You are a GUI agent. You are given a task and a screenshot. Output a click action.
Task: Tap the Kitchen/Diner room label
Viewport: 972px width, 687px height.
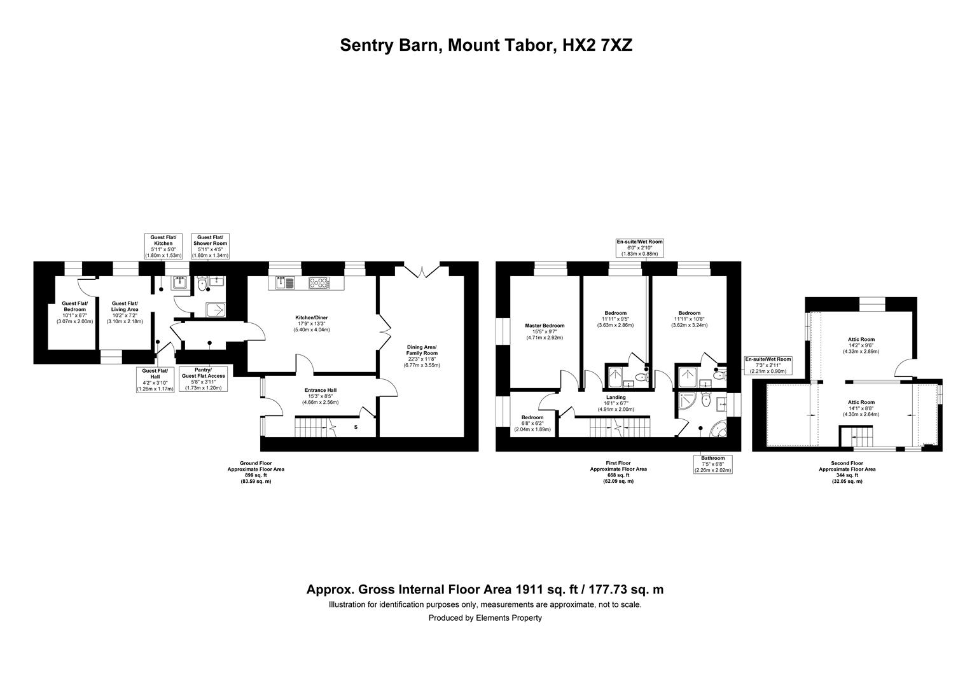(312, 323)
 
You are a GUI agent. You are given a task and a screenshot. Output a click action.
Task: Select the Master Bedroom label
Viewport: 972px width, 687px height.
(545, 331)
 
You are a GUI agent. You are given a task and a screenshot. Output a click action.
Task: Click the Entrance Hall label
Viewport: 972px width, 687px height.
(320, 396)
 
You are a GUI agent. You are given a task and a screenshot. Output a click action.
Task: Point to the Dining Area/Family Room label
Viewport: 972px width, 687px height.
(422, 356)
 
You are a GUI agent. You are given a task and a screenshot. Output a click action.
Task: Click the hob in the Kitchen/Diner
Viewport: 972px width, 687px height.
(319, 284)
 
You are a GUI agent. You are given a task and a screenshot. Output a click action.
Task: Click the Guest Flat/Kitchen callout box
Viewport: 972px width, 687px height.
(163, 247)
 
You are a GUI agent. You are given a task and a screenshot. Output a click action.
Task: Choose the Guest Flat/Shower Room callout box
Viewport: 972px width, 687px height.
(210, 247)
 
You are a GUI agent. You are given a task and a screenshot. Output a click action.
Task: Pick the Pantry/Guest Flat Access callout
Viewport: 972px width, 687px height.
(204, 379)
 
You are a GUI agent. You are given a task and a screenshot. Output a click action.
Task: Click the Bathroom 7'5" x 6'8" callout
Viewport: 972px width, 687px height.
(713, 464)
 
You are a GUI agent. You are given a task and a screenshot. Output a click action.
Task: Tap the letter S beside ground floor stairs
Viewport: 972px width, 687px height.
(356, 427)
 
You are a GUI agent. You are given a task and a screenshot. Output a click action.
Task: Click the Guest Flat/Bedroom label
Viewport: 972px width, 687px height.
(74, 312)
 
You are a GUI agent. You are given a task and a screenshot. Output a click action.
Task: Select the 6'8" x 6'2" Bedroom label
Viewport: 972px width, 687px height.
(532, 423)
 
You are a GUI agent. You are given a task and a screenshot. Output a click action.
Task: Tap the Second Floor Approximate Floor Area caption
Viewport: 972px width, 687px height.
(847, 472)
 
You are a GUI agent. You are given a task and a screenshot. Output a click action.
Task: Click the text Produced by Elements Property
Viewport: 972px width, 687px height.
(485, 618)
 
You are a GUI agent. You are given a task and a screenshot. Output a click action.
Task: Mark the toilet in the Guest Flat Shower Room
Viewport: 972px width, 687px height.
(202, 284)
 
